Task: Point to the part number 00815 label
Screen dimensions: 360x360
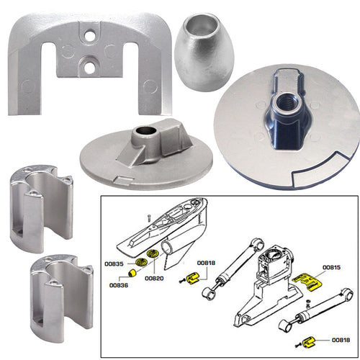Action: (332, 268)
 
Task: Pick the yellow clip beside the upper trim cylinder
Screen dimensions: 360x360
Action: (192, 278)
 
